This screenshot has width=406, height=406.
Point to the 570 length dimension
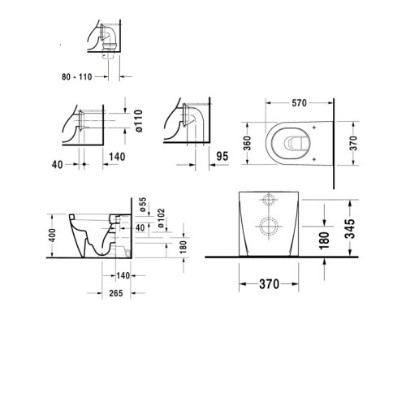[298, 103]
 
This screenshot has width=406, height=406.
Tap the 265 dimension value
[114, 294]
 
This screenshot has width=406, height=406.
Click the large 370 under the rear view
[268, 284]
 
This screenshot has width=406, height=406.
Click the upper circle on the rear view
[269, 201]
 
